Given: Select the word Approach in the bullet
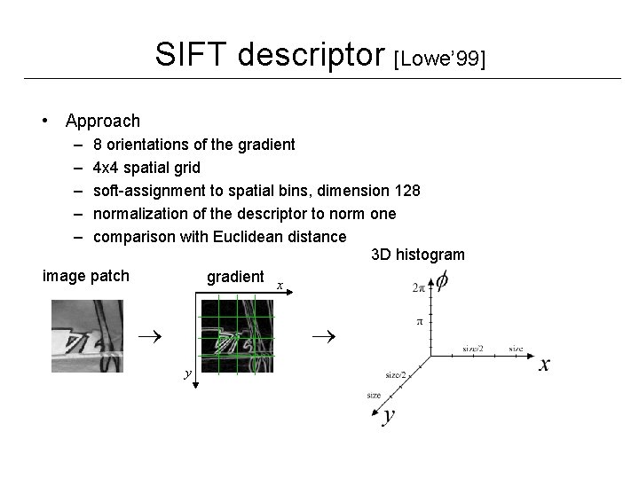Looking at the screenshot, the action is click(x=102, y=121).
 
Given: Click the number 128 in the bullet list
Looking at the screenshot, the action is click(x=406, y=191).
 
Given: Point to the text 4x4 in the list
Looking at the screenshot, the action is click(x=109, y=168).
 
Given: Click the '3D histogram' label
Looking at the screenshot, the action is click(x=417, y=255).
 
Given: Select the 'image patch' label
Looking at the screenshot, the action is click(x=86, y=276).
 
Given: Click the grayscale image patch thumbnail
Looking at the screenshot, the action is click(x=87, y=336).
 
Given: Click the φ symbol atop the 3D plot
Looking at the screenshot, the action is click(x=440, y=280).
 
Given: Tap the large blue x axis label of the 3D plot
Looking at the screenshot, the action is click(x=543, y=365).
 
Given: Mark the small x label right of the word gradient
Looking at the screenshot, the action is click(x=279, y=286).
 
